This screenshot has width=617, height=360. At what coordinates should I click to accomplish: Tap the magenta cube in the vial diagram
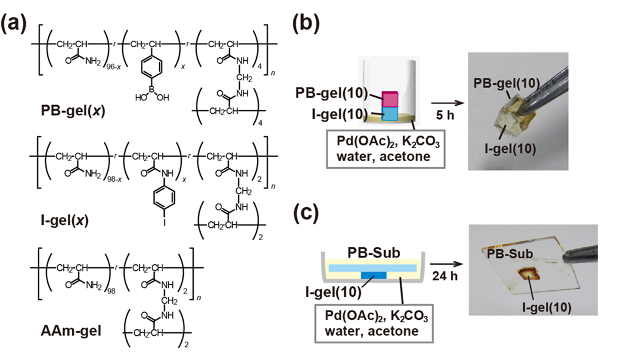click(391, 99)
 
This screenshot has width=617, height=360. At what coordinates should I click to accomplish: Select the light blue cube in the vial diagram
click(391, 113)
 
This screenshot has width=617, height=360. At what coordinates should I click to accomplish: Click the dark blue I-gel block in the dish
click(371, 276)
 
